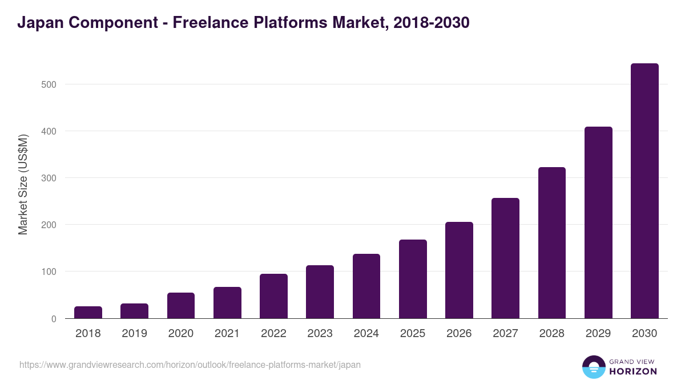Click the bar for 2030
coord(644,191)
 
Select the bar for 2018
coord(88,313)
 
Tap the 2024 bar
coord(366,286)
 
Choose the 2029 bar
coord(598,222)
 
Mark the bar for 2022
coord(273,296)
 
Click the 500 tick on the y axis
coord(49,84)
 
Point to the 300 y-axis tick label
coord(49,178)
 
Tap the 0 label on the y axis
coord(54,319)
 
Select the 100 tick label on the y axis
coord(49,271)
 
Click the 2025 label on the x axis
coord(413,334)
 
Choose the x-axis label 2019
coord(134,334)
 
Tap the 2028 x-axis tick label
coord(552,334)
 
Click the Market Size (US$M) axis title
coord(23,184)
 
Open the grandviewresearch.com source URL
coord(190,364)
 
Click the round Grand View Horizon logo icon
coord(594,367)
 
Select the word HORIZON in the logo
coord(633,371)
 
